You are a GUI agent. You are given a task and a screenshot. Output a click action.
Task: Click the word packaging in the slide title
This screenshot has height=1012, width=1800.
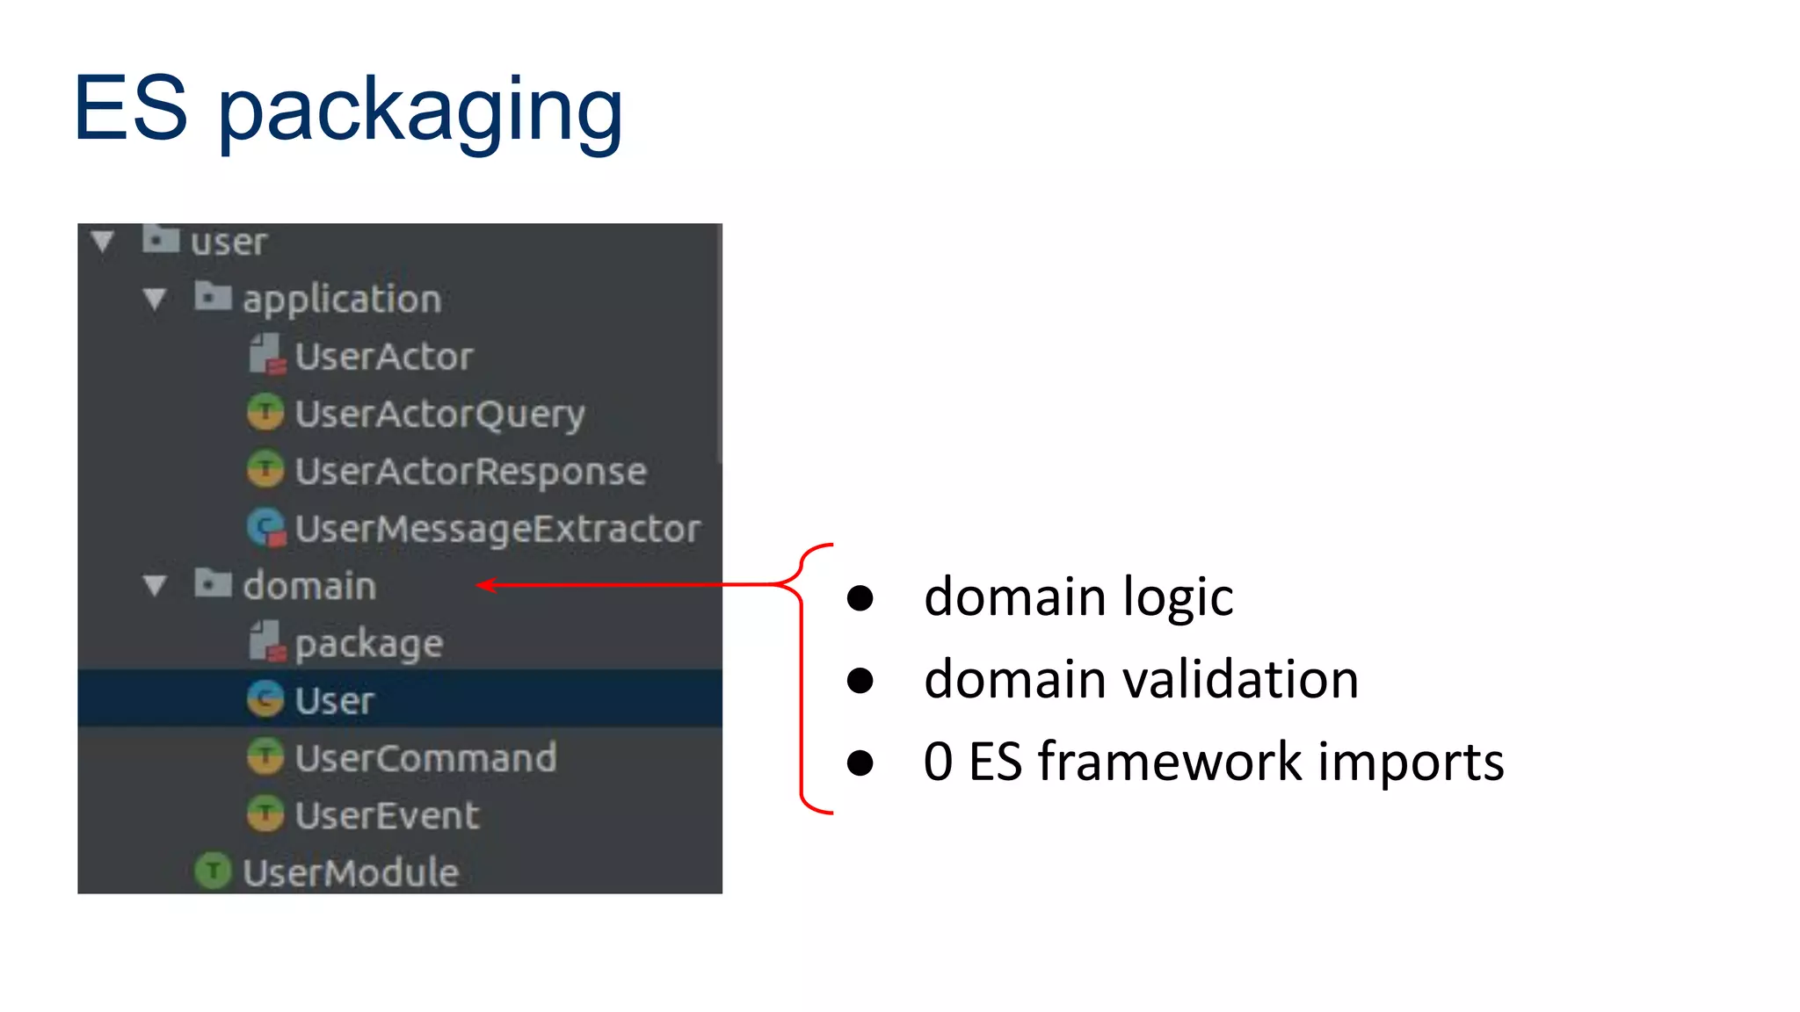(419, 111)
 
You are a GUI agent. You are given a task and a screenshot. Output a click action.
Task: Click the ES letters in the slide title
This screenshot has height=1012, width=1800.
(130, 109)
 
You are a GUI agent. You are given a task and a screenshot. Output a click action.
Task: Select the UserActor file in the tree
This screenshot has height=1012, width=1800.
(383, 357)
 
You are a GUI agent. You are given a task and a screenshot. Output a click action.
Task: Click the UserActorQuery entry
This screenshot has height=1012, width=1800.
(439, 414)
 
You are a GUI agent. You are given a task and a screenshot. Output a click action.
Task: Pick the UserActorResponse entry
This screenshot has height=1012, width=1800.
(470, 472)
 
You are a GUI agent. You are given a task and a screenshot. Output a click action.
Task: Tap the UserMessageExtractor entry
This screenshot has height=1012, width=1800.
(497, 529)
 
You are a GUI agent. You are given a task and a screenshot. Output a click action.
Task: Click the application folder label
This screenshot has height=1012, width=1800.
(341, 300)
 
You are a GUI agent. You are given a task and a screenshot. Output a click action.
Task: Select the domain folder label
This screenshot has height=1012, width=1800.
(309, 586)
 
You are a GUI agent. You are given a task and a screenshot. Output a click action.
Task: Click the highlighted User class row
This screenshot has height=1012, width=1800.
(334, 701)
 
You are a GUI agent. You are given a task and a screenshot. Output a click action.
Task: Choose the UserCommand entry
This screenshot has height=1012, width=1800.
(425, 758)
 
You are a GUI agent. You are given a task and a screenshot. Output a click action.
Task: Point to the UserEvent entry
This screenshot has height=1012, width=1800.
(387, 816)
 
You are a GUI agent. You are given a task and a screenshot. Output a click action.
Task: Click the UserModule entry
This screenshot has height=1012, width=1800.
(350, 872)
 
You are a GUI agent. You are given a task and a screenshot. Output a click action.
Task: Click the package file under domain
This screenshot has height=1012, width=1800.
(368, 644)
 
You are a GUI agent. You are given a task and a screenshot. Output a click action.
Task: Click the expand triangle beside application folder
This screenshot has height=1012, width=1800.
(155, 300)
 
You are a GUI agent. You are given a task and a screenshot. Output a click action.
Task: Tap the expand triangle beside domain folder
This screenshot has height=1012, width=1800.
(155, 586)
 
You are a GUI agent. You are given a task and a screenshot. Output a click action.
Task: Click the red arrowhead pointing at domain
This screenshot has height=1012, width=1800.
(486, 585)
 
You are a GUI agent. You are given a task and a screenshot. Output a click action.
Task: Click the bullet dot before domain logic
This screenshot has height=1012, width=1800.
(860, 598)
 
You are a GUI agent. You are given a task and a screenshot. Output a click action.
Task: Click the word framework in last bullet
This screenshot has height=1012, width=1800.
(1170, 762)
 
